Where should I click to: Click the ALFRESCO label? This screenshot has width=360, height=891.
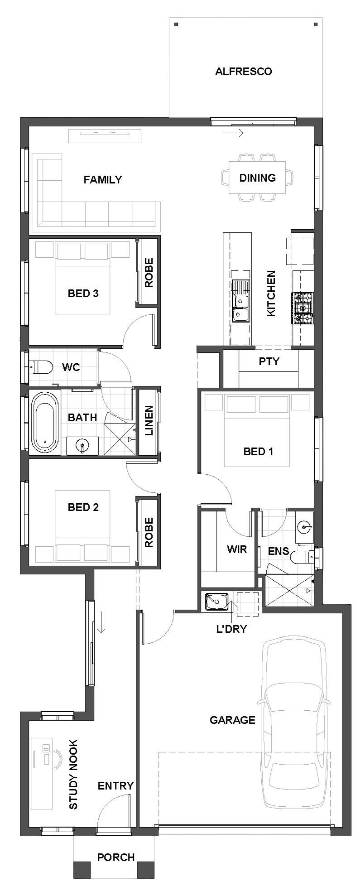[243, 72]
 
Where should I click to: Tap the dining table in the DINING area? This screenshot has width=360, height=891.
[257, 178]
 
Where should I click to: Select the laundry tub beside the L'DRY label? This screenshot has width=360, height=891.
[216, 602]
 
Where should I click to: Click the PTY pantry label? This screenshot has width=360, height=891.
[269, 361]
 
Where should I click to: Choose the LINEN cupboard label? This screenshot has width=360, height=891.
[149, 420]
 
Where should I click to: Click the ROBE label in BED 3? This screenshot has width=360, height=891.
[149, 273]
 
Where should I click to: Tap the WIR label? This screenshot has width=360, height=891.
[237, 549]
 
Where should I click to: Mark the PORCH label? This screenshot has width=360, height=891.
[116, 857]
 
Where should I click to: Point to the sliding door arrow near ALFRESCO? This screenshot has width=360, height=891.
[233, 133]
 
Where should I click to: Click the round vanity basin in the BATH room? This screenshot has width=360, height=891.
[82, 445]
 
